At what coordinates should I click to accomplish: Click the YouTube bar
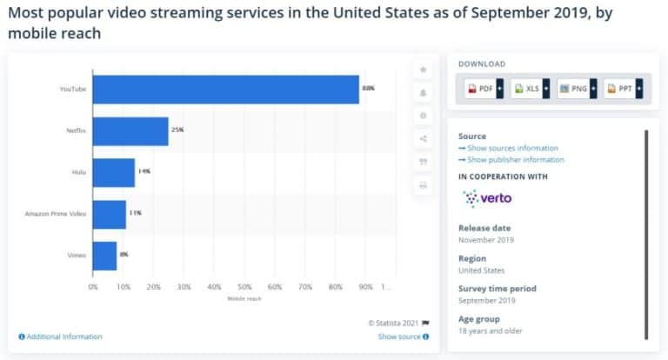pos(225,90)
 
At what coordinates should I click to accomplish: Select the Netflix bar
pos(130,130)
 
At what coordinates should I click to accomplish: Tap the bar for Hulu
pos(114,172)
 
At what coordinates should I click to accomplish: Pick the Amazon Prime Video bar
pos(110,214)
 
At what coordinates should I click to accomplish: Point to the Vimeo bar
pos(104,256)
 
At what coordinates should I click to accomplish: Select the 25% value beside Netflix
pos(177,130)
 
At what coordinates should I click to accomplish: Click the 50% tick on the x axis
pos(244,286)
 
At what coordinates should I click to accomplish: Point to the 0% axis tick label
pos(93,286)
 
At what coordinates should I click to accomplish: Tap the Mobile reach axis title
pos(244,298)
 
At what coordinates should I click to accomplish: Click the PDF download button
pos(480,89)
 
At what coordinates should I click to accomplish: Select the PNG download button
pos(573,89)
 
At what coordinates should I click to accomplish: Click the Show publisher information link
pos(515,159)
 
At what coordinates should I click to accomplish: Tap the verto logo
pos(487,197)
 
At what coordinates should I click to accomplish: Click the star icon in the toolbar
pos(423,70)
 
